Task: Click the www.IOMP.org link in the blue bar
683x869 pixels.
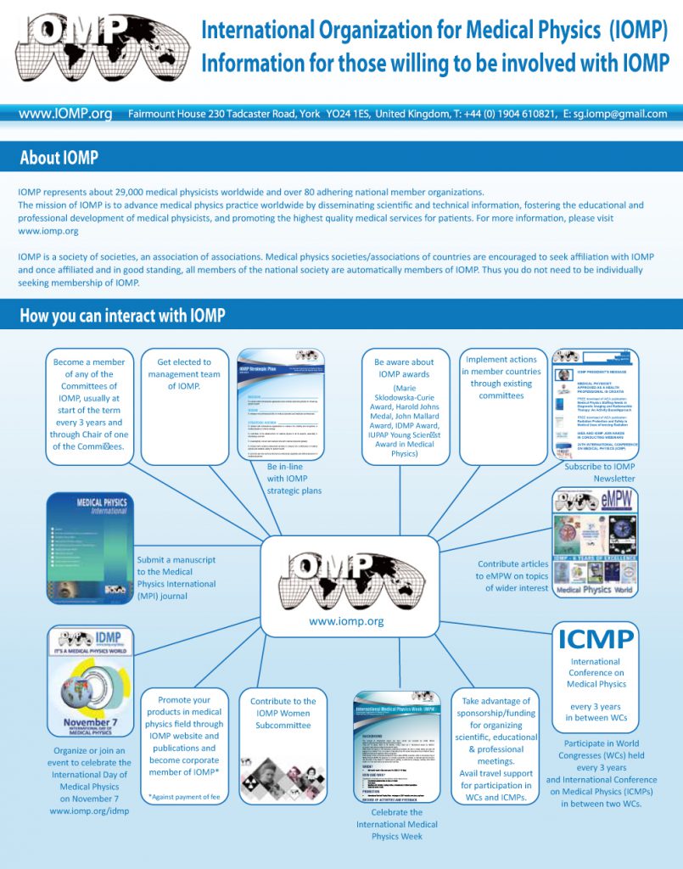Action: (65, 114)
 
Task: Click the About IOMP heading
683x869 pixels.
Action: (59, 158)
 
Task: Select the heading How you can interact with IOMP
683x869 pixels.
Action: (122, 316)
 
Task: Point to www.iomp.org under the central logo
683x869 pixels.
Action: (346, 621)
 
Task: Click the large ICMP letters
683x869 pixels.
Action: (595, 638)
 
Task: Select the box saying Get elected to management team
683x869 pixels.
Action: (183, 406)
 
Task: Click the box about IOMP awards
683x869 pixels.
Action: (404, 406)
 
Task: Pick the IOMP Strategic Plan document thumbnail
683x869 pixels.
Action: (281, 404)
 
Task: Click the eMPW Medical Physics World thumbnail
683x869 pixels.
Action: (595, 541)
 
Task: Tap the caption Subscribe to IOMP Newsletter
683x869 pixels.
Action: (600, 473)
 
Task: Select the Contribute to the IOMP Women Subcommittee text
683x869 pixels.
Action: (283, 713)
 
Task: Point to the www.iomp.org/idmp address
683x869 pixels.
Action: (89, 810)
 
